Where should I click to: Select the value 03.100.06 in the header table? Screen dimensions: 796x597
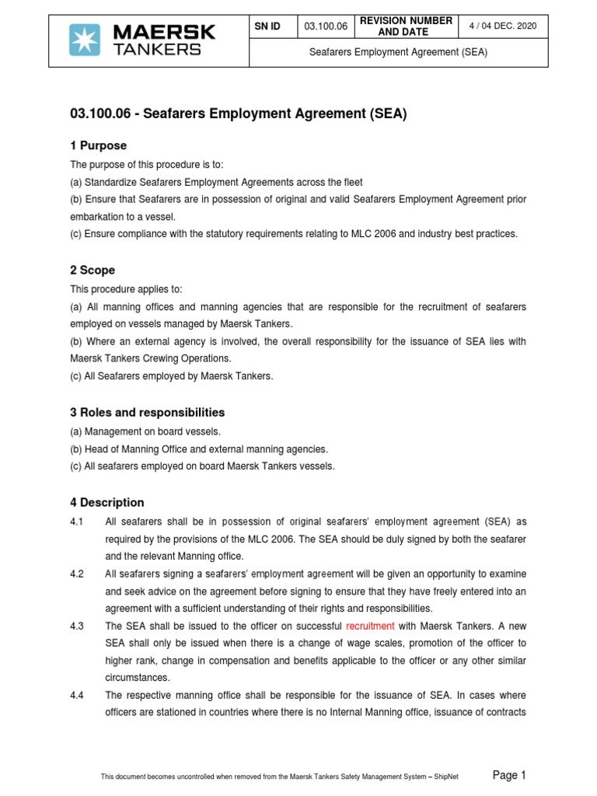326,26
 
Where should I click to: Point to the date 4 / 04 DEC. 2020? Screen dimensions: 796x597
504,26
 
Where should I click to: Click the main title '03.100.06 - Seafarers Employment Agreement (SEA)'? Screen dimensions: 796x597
239,113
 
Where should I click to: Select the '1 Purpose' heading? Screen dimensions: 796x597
98,146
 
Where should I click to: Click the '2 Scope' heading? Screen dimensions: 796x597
93,271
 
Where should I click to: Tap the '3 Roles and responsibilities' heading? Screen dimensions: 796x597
147,412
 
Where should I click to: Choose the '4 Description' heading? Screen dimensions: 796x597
107,503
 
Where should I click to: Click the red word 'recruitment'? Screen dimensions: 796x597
370,626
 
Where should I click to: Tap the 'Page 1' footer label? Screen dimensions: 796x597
510,774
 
